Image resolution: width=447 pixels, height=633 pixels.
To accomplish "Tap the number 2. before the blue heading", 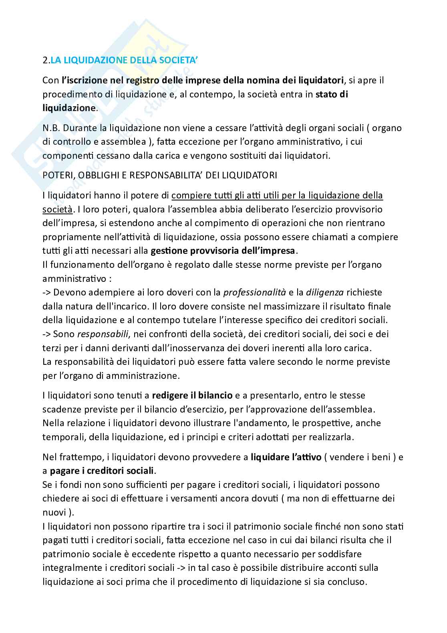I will (46, 61).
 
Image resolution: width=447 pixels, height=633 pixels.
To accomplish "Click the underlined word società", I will (57, 209).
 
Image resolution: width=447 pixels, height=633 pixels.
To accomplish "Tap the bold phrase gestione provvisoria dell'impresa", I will (223, 251).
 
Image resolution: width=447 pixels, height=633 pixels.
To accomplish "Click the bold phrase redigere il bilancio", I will (192, 395).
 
